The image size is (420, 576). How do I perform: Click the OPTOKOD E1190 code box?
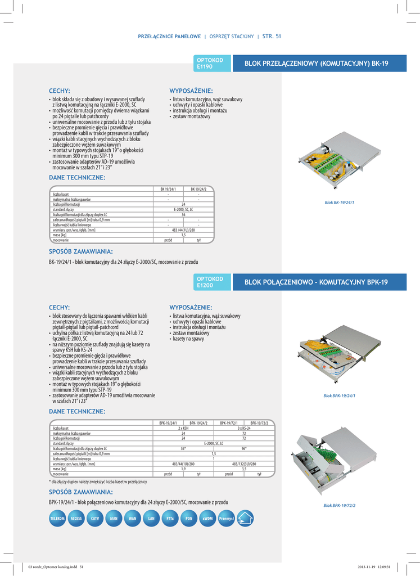(x=213, y=64)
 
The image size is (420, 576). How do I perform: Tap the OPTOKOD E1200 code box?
(x=213, y=282)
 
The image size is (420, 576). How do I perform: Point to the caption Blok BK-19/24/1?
(x=340, y=202)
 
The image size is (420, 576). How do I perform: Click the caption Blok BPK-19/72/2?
(x=339, y=505)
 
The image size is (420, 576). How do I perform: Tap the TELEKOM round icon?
(x=57, y=518)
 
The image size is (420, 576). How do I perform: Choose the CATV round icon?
(x=94, y=518)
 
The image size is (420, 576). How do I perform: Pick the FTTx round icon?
(x=170, y=518)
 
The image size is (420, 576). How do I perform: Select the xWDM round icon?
(x=207, y=518)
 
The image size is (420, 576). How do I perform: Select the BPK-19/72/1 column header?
(x=229, y=422)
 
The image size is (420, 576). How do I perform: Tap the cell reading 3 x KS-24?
(x=244, y=428)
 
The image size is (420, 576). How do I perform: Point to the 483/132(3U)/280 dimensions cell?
(x=244, y=464)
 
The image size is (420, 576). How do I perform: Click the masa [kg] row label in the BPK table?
(x=60, y=469)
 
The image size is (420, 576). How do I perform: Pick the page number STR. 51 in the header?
(x=272, y=37)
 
